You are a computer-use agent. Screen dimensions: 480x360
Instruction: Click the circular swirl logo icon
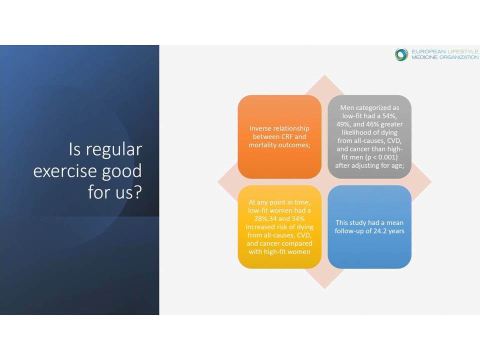click(x=401, y=54)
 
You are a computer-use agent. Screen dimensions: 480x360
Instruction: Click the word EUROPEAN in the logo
click(x=428, y=51)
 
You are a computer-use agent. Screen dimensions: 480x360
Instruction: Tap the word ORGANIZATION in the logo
click(x=459, y=57)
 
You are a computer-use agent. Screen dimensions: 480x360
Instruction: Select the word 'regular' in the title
click(x=113, y=150)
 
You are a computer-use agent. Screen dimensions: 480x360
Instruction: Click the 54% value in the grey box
click(x=389, y=116)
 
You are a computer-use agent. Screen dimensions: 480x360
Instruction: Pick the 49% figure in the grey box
click(x=343, y=124)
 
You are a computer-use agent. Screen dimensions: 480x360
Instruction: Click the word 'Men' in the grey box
click(x=347, y=108)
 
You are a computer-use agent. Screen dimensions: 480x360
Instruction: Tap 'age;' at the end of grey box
click(x=397, y=166)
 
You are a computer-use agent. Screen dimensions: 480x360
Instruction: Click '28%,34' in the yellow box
click(x=265, y=219)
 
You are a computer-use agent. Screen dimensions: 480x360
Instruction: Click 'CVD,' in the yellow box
click(x=303, y=235)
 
